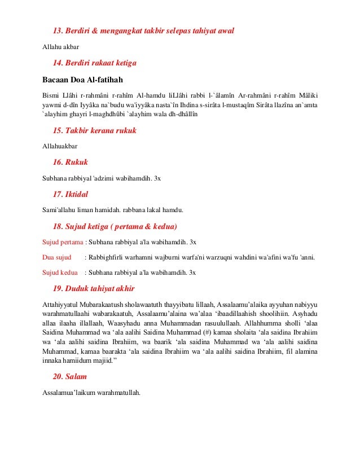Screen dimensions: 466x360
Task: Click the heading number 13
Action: click(x=58, y=30)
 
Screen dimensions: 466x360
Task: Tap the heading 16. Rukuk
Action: click(x=70, y=162)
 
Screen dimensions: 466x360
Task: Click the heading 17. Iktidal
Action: click(x=71, y=195)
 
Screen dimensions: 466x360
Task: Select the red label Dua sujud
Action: click(x=56, y=257)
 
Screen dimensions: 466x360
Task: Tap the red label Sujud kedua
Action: click(x=60, y=272)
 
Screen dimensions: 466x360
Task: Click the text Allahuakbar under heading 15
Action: click(x=60, y=147)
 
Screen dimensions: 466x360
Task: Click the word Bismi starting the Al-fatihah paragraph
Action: click(x=51, y=94)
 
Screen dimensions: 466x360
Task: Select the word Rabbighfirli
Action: click(x=107, y=257)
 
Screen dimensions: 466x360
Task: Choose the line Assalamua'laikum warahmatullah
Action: click(x=91, y=393)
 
